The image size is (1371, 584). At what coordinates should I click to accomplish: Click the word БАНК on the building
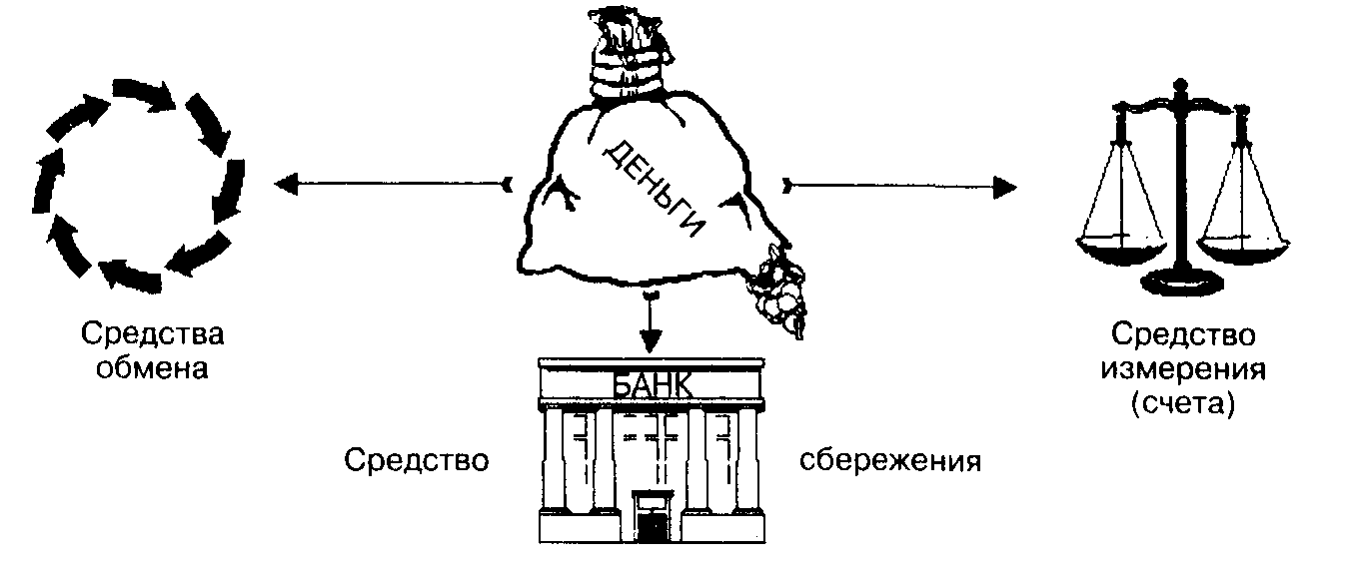pos(651,384)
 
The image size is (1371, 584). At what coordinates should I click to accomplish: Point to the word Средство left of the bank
pos(417,460)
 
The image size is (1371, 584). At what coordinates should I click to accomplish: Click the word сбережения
pos(890,460)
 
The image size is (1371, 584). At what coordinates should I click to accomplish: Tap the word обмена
pos(153,368)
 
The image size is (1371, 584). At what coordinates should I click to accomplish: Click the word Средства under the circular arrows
pos(153,334)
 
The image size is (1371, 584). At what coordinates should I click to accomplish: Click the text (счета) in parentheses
pos(1183,404)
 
